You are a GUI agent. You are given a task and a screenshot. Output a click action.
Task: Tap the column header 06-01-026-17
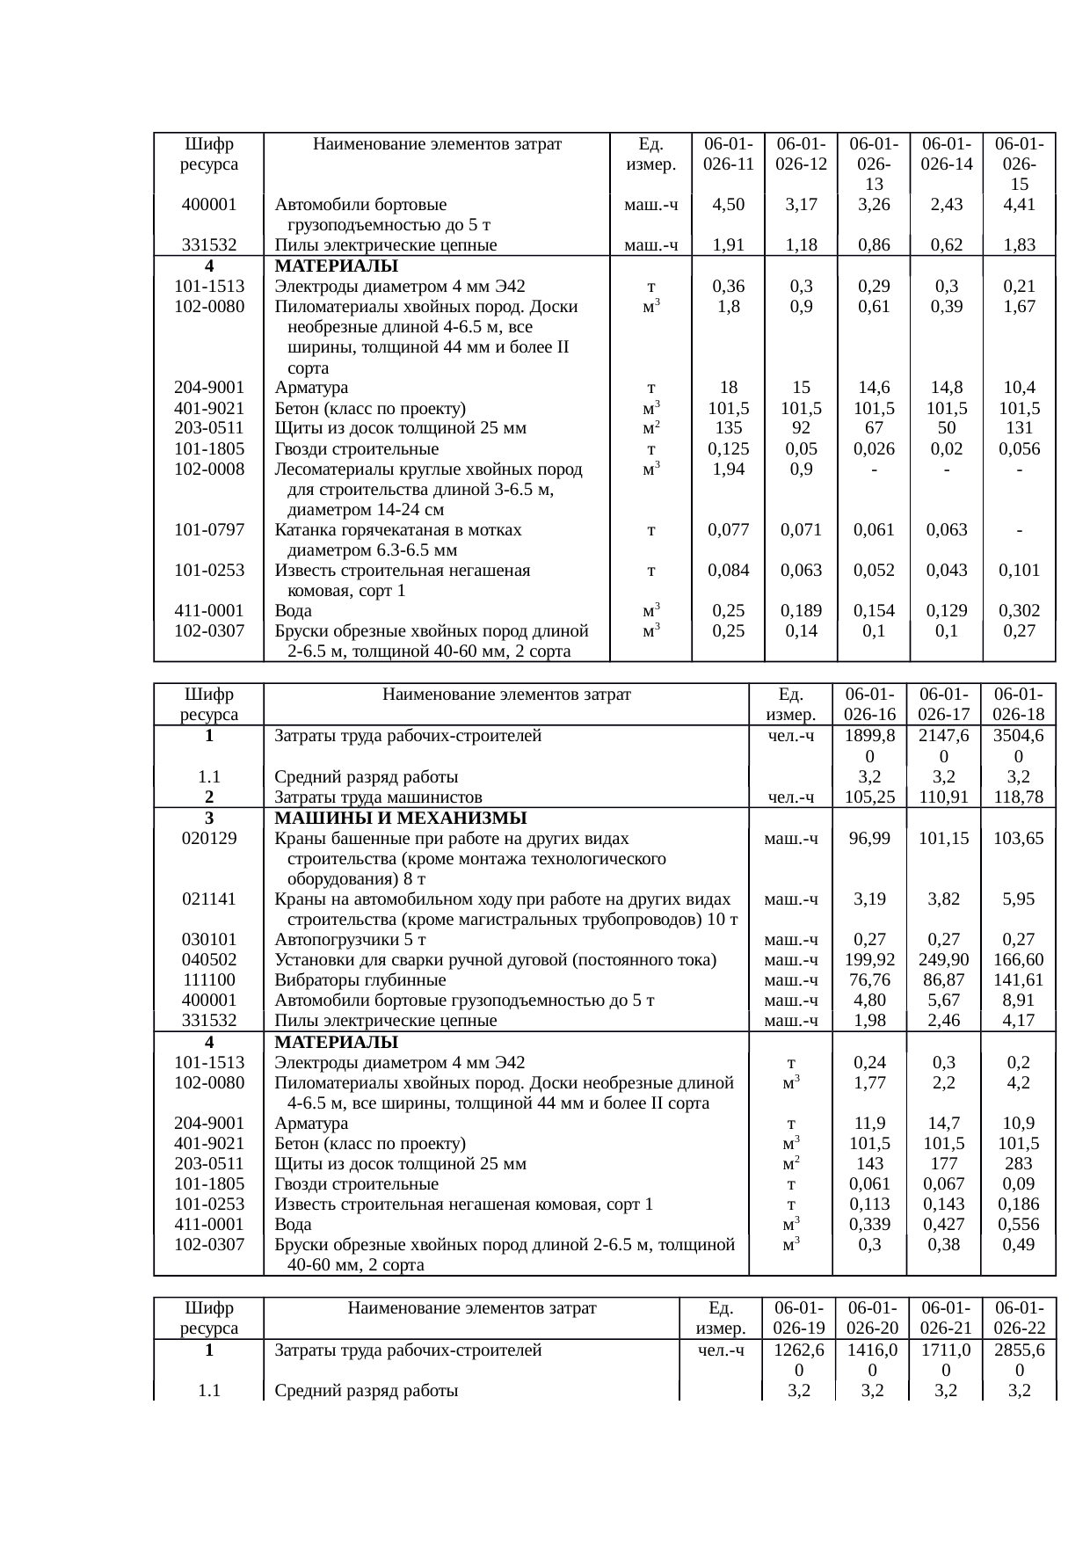point(943,704)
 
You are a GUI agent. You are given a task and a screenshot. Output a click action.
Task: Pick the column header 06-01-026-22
point(1019,1317)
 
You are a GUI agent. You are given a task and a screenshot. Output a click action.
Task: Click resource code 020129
point(209,838)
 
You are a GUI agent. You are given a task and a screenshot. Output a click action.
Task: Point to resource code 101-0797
point(209,529)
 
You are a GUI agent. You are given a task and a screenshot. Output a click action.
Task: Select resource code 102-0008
point(209,469)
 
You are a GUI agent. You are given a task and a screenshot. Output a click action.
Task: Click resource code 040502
point(209,959)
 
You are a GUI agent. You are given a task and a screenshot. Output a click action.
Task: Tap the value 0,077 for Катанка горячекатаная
point(729,529)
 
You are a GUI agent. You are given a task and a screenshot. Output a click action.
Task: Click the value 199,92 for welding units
point(869,959)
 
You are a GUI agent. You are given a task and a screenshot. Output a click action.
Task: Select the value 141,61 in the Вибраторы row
point(1019,979)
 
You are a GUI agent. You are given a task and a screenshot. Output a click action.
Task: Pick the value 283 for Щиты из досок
point(1019,1164)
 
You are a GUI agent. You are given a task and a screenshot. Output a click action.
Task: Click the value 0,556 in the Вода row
point(1019,1225)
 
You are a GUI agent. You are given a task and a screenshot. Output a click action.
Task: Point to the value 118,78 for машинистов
point(1019,797)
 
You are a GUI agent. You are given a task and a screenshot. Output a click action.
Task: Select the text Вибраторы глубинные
point(360,979)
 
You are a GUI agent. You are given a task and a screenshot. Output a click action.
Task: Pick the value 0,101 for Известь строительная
point(1019,570)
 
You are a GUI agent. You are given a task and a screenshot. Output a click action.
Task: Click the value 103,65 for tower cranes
point(1019,838)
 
